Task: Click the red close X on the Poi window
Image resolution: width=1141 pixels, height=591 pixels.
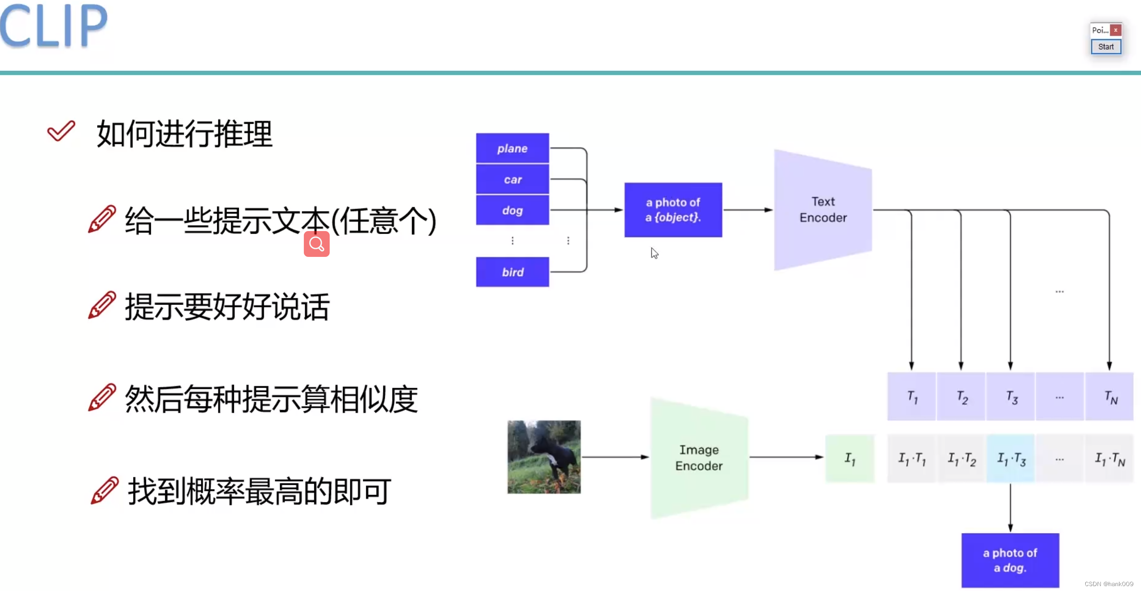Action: pyautogui.click(x=1116, y=30)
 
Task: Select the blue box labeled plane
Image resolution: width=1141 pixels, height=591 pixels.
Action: pyautogui.click(x=512, y=148)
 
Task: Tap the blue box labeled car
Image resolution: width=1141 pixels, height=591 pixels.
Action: pyautogui.click(x=512, y=179)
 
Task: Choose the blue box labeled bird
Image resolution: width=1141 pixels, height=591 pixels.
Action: pyautogui.click(x=512, y=272)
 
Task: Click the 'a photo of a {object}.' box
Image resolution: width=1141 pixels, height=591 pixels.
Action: pyautogui.click(x=673, y=210)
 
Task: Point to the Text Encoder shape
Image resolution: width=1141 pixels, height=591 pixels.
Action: pyautogui.click(x=823, y=210)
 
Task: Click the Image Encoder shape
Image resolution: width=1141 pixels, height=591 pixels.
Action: pyautogui.click(x=699, y=458)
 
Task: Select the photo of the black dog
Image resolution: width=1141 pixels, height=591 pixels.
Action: pyautogui.click(x=544, y=457)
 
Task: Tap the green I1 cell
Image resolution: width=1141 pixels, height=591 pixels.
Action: pyautogui.click(x=850, y=458)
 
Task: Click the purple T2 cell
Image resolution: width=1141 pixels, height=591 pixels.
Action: pyautogui.click(x=961, y=397)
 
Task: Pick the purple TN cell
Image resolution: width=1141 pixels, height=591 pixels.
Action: pyautogui.click(x=1110, y=397)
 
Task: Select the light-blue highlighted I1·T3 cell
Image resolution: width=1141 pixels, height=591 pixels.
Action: pyautogui.click(x=1011, y=458)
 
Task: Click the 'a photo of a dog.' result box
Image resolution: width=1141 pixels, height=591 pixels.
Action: pyautogui.click(x=1010, y=560)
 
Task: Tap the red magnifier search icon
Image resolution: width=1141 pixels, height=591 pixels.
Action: pyautogui.click(x=317, y=244)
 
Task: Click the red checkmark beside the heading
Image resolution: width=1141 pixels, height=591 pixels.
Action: pyautogui.click(x=61, y=131)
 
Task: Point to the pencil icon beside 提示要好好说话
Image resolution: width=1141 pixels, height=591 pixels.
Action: pyautogui.click(x=102, y=305)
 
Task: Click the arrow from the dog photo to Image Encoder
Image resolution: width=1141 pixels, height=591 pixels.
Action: pyautogui.click(x=615, y=457)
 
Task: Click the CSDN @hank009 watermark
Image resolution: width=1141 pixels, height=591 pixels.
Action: pyautogui.click(x=1109, y=584)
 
